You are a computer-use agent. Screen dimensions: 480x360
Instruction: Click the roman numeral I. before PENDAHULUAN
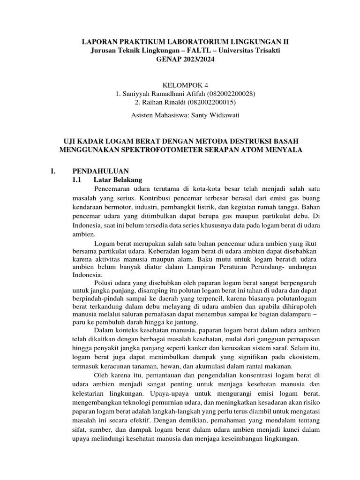53,171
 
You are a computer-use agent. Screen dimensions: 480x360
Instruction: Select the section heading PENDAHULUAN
100,171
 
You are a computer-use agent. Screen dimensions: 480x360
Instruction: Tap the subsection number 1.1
77,180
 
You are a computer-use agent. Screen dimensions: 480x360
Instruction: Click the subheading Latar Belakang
115,180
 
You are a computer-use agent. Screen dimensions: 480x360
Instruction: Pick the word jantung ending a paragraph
186,322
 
